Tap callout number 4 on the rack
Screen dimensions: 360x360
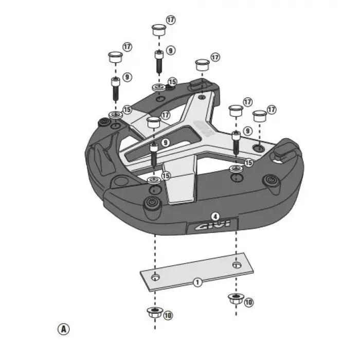(x=215, y=217)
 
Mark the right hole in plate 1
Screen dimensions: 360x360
(x=236, y=265)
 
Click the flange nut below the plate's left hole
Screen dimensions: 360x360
(x=154, y=312)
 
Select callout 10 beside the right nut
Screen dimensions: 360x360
(x=249, y=302)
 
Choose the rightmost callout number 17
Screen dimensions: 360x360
(x=272, y=110)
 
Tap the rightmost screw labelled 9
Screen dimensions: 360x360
(x=236, y=141)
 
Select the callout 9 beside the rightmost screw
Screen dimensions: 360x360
(x=247, y=132)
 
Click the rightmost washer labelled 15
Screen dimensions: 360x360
(x=236, y=169)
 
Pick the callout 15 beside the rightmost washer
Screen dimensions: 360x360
(x=249, y=163)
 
